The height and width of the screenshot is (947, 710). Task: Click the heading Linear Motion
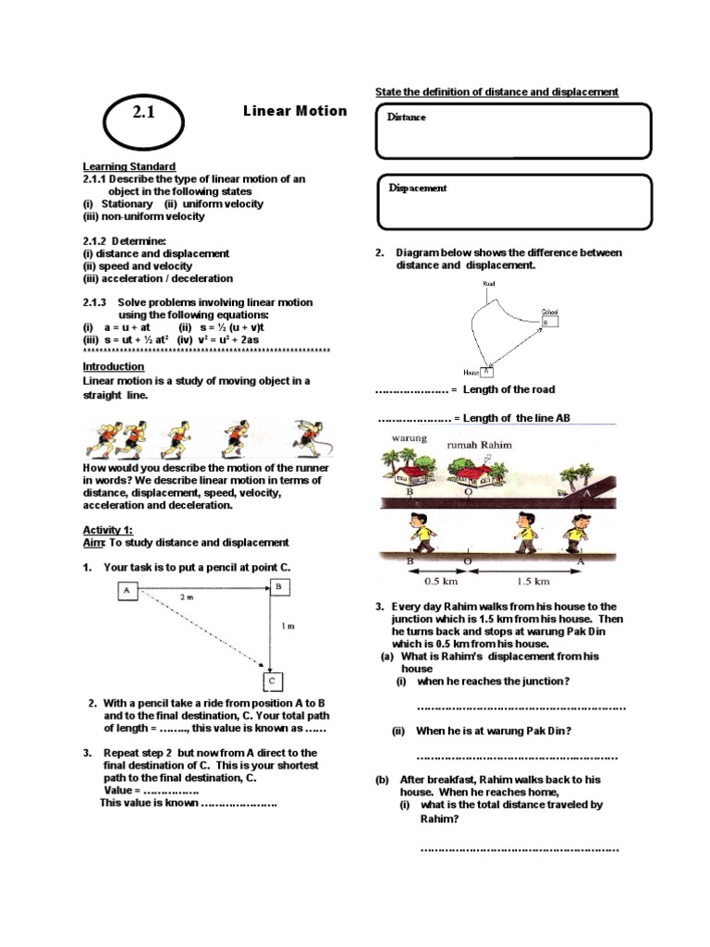[x=295, y=111]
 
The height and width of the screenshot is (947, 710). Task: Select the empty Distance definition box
[x=514, y=130]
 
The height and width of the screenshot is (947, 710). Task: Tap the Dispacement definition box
[x=514, y=202]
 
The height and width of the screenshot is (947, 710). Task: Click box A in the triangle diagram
[x=128, y=591]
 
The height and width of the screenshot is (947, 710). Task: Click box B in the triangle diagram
[x=278, y=586]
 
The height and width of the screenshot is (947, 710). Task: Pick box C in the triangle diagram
[x=274, y=682]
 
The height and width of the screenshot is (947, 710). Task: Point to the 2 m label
[x=187, y=598]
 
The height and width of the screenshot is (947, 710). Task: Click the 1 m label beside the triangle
[x=288, y=626]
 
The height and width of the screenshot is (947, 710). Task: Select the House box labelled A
[x=486, y=370]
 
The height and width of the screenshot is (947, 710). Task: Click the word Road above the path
[x=490, y=284]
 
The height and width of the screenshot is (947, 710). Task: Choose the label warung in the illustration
[x=410, y=438]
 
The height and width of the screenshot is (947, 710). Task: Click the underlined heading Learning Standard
[x=129, y=166]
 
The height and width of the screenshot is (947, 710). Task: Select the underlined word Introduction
[x=114, y=366]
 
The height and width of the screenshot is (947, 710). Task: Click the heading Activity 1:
[x=108, y=530]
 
